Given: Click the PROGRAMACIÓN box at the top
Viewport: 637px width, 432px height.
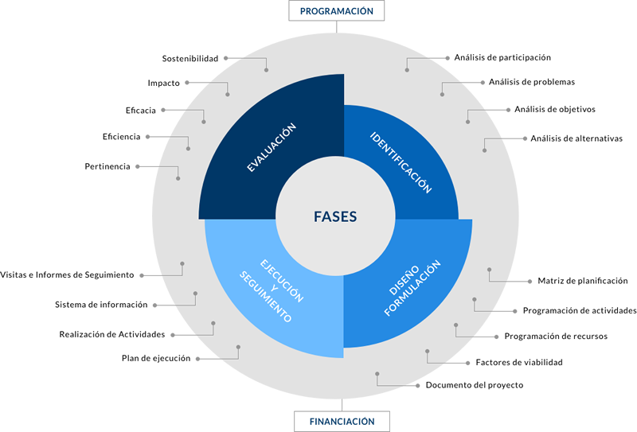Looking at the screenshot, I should [337, 11].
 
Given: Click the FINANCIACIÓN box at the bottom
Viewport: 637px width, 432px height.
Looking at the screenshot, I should [342, 421].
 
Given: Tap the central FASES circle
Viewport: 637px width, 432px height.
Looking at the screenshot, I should [335, 216].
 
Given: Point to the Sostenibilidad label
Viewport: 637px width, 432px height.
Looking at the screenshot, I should [190, 58].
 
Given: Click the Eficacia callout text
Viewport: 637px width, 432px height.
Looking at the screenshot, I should [140, 110].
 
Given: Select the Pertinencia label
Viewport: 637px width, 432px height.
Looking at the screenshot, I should [107, 166].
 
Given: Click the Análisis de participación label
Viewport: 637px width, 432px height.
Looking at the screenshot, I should [502, 57].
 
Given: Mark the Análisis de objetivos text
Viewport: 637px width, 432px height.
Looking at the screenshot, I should [555, 109].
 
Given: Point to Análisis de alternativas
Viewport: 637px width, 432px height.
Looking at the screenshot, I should [576, 138].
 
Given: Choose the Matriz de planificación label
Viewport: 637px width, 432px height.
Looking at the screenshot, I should [583, 281].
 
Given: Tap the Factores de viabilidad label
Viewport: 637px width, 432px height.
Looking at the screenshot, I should [519, 363].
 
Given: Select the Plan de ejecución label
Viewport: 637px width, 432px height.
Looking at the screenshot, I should [156, 359].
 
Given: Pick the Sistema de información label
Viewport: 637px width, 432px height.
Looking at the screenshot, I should [101, 305].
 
